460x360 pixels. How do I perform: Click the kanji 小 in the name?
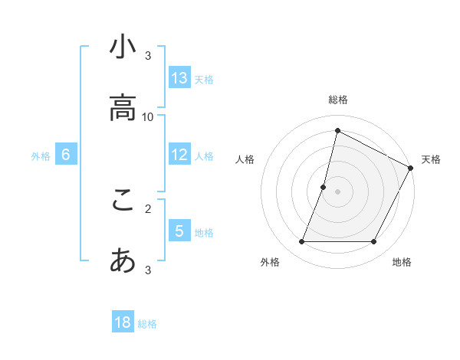(123, 47)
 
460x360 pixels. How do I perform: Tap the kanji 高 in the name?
(123, 108)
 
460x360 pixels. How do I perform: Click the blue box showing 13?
(179, 78)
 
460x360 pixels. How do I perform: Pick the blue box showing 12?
(179, 155)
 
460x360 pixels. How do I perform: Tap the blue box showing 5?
(179, 231)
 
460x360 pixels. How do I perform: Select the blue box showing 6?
(66, 155)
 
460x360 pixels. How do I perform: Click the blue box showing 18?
(123, 322)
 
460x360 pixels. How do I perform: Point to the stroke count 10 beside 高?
(148, 116)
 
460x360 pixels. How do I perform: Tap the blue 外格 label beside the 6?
(41, 155)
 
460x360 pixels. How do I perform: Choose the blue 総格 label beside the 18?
(147, 324)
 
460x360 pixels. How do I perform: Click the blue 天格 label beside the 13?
(204, 79)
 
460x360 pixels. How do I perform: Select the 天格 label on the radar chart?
(431, 159)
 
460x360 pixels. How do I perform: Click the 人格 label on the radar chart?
(245, 159)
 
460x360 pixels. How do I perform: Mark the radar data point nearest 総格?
(337, 130)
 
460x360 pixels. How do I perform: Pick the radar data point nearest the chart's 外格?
(301, 242)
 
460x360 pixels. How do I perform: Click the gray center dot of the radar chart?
(337, 191)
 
